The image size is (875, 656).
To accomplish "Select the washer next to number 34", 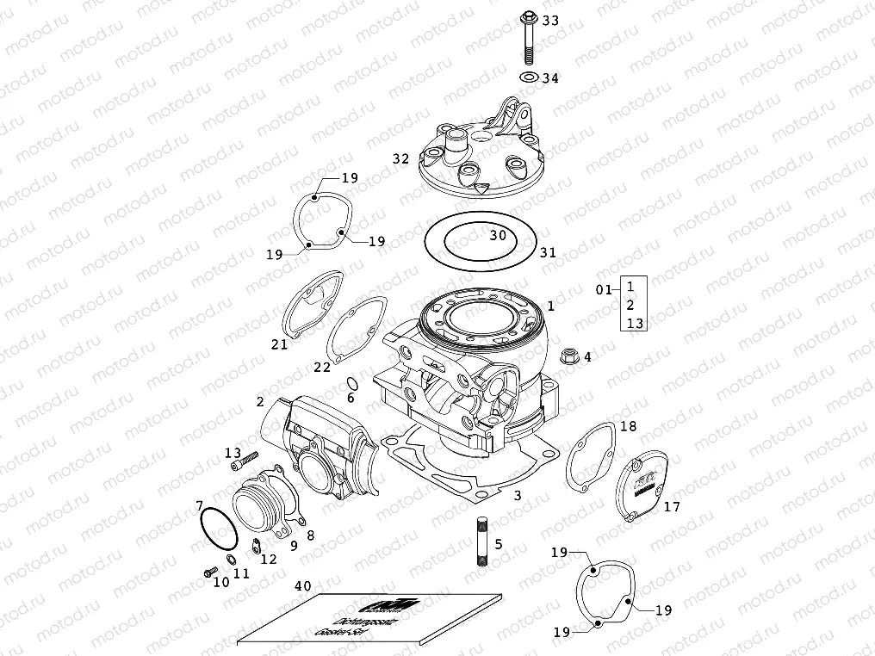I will (x=527, y=78).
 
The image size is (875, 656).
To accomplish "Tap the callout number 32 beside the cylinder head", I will (x=400, y=159).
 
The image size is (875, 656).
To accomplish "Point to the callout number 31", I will (x=548, y=253).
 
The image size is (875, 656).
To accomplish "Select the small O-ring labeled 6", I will (x=351, y=383).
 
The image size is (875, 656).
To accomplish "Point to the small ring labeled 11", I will (x=232, y=560).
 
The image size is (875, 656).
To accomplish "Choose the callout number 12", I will (x=269, y=559).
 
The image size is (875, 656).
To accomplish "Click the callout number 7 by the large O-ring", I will (x=199, y=505).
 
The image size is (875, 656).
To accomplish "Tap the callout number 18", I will (x=628, y=426).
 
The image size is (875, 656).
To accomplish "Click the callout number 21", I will (x=279, y=344).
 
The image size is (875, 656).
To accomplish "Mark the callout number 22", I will (x=322, y=368).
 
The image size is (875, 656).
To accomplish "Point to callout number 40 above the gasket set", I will (x=302, y=585).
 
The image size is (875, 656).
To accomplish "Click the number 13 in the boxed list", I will (x=635, y=323).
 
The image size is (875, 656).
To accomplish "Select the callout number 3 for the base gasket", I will (x=516, y=496).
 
